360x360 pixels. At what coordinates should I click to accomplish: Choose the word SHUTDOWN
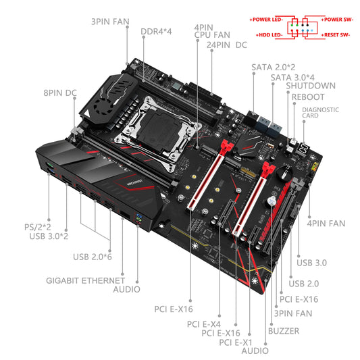pos(310,86)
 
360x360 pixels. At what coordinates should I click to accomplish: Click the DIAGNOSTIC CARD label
pos(320,113)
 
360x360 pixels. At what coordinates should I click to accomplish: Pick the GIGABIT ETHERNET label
pos(85,279)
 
